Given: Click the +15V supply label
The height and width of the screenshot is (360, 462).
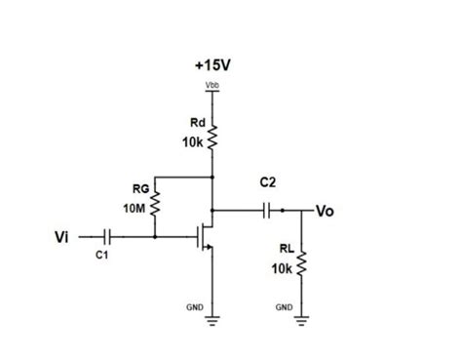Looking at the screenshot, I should pos(213,65).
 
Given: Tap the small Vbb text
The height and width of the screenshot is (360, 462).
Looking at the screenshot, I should pos(212,88).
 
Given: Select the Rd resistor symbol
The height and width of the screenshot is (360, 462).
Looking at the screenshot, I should pos(212,140).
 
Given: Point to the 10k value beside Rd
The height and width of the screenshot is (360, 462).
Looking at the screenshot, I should pos(192,142).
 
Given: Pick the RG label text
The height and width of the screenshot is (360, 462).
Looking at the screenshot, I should pos(139,188).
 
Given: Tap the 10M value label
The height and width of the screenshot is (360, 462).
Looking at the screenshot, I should pos(135,209).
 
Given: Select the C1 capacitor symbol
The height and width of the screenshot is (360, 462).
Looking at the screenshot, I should pos(106,236).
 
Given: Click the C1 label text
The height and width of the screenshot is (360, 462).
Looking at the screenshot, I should pos(103,256).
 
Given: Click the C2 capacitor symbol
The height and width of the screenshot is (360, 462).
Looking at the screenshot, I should pos(265,209).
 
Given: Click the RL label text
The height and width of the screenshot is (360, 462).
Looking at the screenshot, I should pos(286,251).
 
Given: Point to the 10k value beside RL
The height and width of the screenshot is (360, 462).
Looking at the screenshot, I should pos(284,267).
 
